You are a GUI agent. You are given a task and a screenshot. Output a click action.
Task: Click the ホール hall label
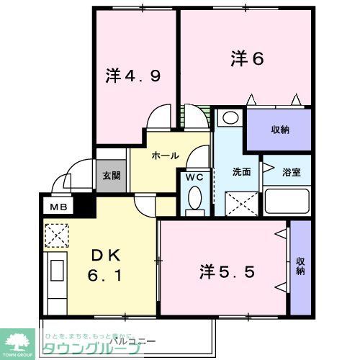164,155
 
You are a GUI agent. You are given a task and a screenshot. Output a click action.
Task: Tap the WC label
194,176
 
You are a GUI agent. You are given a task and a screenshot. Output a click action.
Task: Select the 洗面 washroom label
240,173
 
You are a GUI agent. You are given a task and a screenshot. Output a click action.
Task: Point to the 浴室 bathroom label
292,173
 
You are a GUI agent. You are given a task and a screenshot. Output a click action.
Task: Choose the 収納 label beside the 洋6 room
280,130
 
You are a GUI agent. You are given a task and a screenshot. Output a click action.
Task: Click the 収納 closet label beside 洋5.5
300,266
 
